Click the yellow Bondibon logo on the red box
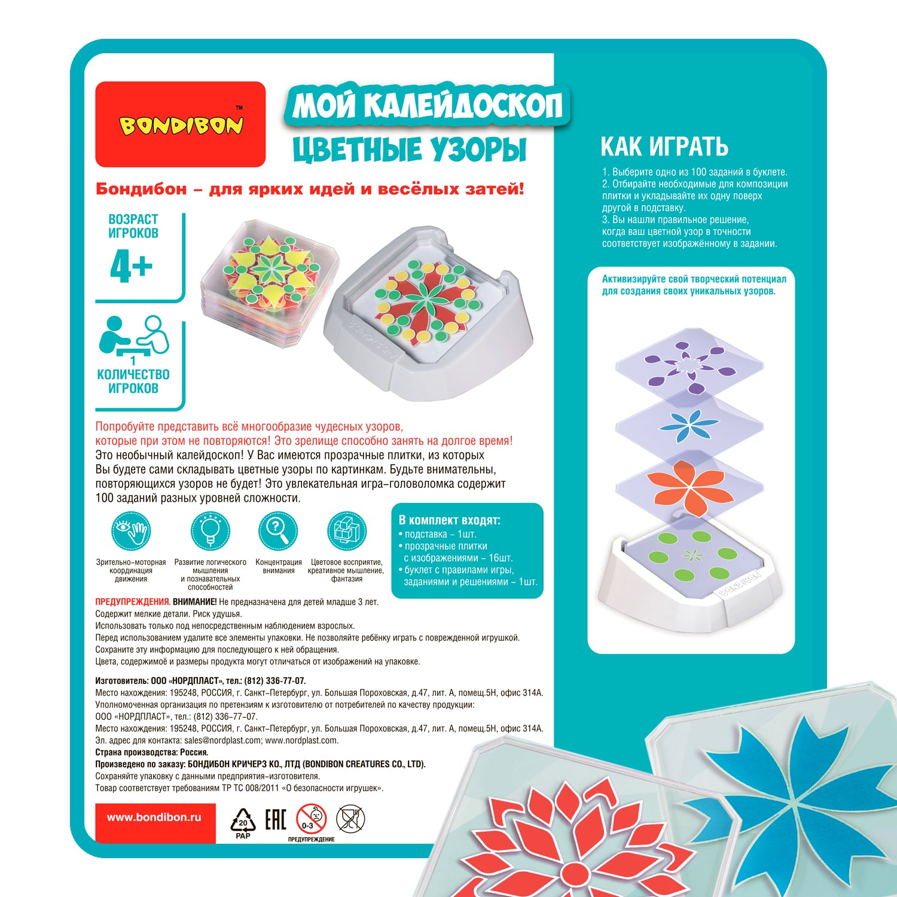click(181, 124)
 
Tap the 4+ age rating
click(132, 266)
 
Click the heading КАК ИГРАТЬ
click(664, 147)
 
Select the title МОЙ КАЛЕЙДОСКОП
click(428, 106)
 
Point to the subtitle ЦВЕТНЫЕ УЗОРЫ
click(410, 149)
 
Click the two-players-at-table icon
click(134, 335)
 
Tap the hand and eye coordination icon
click(130, 532)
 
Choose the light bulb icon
click(210, 532)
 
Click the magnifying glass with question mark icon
click(278, 532)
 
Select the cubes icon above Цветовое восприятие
click(346, 532)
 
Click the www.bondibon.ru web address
click(154, 817)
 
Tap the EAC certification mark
click(276, 820)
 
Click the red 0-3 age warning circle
click(312, 819)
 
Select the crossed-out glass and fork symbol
click(350, 819)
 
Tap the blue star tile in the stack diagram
click(689, 426)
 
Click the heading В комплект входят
click(450, 520)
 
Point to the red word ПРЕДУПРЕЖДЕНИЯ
click(133, 602)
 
